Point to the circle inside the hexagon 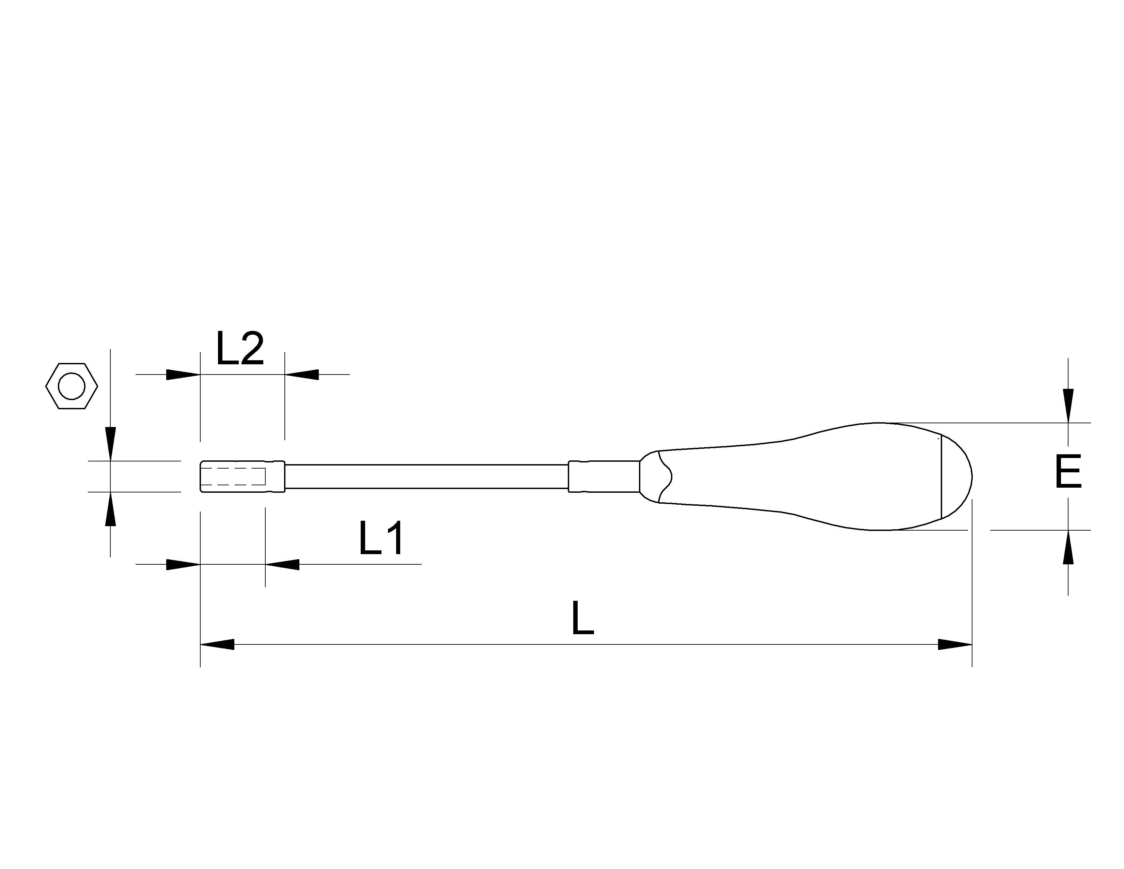tap(72, 387)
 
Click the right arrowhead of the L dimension tap(955, 644)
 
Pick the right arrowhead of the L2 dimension tap(301, 374)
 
